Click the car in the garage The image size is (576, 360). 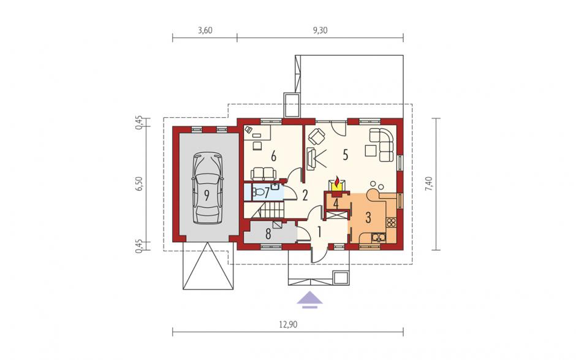[207, 188]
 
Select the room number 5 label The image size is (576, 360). [346, 155]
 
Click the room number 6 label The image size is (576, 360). [273, 156]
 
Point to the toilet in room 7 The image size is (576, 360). [259, 191]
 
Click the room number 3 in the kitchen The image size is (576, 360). [368, 218]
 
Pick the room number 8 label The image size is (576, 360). [268, 234]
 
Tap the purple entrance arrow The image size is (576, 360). [309, 299]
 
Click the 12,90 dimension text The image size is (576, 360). [288, 324]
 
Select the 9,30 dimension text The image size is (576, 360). [320, 31]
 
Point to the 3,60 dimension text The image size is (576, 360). [205, 31]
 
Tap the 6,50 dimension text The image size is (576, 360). [139, 184]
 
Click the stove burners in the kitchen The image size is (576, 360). [391, 222]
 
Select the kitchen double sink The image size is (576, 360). [378, 237]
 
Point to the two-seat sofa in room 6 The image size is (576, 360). [263, 173]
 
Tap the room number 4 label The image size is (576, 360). [335, 202]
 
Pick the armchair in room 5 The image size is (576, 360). [317, 136]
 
